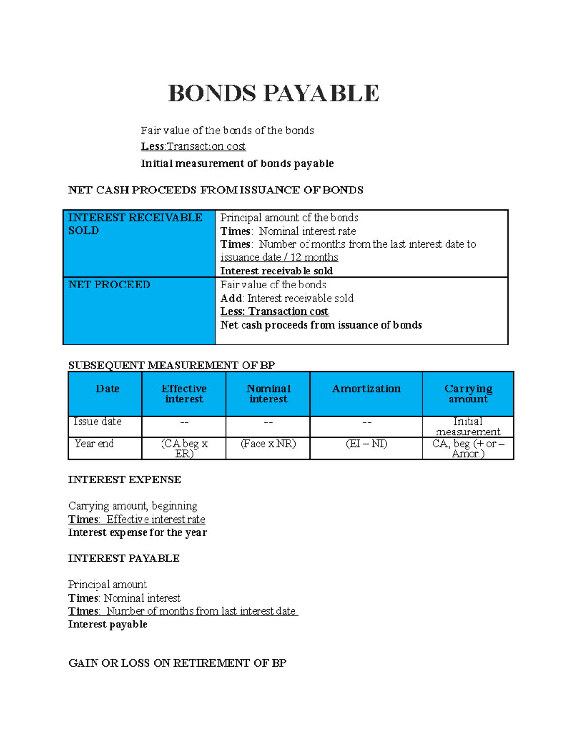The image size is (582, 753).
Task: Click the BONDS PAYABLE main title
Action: [x=273, y=94]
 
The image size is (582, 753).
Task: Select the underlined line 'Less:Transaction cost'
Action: [x=193, y=146]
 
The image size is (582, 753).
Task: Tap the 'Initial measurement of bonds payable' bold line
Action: [x=237, y=163]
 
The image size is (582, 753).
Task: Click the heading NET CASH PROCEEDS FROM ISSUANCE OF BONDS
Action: [x=215, y=190]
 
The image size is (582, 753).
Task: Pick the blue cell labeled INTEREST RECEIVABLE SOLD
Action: [x=139, y=243]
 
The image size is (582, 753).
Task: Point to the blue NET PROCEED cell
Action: [x=139, y=310]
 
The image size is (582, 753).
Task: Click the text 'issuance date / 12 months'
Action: [x=279, y=257]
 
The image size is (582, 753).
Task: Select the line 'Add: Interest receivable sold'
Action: [x=287, y=298]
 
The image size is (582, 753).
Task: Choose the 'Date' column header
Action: [x=107, y=389]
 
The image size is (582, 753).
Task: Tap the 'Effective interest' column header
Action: [x=184, y=394]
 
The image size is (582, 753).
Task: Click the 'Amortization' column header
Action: [x=366, y=389]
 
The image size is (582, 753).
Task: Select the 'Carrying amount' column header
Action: [x=468, y=394]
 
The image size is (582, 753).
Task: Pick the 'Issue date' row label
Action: [x=97, y=422]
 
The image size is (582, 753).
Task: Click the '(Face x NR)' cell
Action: [x=268, y=444]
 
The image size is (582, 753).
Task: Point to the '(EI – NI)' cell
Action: [x=366, y=444]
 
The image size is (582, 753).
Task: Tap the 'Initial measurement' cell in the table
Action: [x=468, y=427]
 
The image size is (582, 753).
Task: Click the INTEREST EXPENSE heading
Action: [x=125, y=480]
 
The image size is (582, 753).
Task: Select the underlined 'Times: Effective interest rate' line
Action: [x=136, y=519]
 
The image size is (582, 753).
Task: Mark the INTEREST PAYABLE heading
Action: [x=124, y=559]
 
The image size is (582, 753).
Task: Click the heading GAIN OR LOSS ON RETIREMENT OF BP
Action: [x=177, y=663]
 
